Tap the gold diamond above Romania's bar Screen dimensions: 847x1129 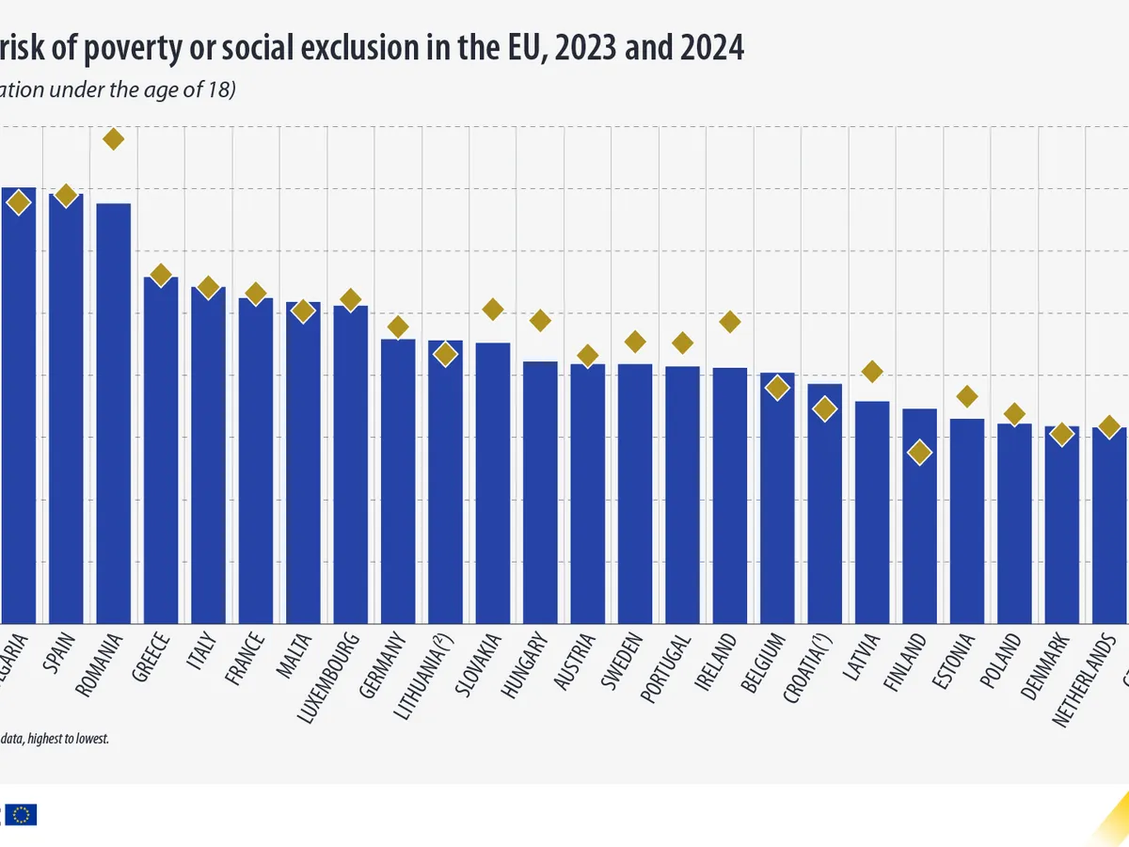click(113, 139)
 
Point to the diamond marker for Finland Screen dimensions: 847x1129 click(919, 453)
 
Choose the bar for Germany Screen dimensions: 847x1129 click(398, 481)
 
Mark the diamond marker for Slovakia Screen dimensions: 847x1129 click(493, 309)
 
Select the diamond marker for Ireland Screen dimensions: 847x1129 click(730, 322)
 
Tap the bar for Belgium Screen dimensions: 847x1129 click(777, 498)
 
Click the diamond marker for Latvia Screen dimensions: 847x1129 click(872, 372)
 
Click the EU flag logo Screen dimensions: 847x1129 click(24, 815)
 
